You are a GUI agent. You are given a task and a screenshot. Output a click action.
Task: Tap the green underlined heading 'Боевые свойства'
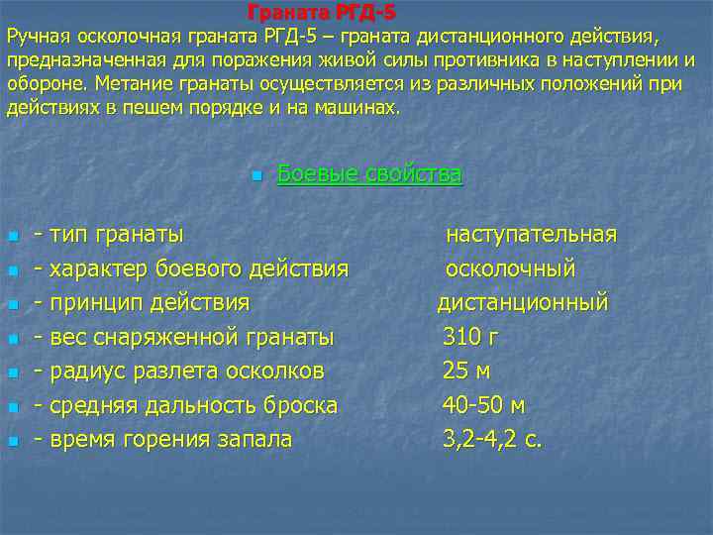(369, 174)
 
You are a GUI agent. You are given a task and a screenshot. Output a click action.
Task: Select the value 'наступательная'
(531, 235)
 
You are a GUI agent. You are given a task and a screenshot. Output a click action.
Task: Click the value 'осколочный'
(510, 268)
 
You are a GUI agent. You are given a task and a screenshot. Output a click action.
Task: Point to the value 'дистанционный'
(523, 302)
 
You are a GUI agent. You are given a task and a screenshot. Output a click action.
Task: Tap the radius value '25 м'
(466, 371)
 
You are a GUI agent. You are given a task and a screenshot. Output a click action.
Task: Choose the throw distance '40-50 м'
(483, 405)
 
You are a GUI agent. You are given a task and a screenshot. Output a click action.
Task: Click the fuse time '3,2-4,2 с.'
(492, 439)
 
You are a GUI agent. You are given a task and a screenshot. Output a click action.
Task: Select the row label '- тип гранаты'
(108, 235)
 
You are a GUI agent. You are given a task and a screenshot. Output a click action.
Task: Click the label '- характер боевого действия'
(191, 268)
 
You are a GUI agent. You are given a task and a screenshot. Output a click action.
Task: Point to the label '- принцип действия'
(142, 302)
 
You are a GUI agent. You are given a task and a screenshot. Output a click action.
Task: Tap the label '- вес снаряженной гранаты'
(183, 337)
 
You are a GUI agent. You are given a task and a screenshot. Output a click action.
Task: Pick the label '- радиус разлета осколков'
(178, 371)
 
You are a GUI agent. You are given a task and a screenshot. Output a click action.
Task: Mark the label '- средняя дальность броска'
(185, 405)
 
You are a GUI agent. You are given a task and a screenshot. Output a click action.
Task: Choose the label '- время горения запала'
(162, 439)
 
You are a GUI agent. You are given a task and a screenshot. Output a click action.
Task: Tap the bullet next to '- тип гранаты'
(12, 237)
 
